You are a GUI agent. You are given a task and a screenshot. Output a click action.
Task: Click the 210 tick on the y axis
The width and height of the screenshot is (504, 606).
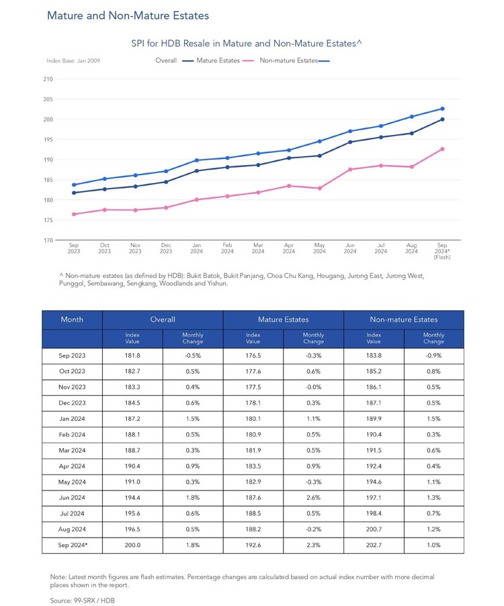(48, 79)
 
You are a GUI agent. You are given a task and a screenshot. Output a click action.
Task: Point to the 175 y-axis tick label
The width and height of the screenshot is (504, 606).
(48, 220)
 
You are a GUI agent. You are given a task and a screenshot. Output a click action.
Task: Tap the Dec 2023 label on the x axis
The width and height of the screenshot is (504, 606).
(166, 248)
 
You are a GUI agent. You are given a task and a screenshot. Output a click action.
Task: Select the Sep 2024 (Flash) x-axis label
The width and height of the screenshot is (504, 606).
(442, 251)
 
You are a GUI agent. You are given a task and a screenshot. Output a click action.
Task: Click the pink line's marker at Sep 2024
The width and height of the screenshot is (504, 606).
(442, 149)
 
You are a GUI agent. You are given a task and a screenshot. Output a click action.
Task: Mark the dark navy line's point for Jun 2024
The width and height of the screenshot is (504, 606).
(350, 142)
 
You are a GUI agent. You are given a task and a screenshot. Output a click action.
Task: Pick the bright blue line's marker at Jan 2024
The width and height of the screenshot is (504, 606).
(197, 160)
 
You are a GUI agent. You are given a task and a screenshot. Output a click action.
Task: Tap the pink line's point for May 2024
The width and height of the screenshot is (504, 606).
(320, 188)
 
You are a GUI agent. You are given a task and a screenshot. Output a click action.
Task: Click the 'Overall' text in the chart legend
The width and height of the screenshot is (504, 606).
(166, 60)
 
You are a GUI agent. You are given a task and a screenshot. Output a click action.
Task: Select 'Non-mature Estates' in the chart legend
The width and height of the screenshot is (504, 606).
(288, 60)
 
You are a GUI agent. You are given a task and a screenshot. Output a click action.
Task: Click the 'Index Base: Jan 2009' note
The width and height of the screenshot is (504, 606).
(73, 60)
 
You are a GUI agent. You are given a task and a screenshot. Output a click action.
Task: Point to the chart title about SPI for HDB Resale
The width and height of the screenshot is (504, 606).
(246, 43)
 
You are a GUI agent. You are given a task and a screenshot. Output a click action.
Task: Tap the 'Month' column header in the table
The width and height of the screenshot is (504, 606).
(72, 319)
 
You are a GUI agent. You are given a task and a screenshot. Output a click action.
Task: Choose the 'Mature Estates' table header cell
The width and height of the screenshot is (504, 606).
(284, 319)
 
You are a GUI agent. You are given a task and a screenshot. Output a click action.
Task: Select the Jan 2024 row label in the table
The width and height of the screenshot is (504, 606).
(72, 419)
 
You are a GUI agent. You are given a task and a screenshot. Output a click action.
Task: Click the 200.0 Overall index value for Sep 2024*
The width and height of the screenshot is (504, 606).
(132, 545)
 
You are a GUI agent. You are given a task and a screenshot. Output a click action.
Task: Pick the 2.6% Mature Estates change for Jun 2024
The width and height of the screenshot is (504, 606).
(313, 498)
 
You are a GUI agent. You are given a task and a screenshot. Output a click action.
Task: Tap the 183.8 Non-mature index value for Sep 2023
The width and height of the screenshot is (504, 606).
(374, 356)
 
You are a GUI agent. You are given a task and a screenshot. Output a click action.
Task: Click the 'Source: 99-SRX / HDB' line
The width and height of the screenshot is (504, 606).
(83, 600)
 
